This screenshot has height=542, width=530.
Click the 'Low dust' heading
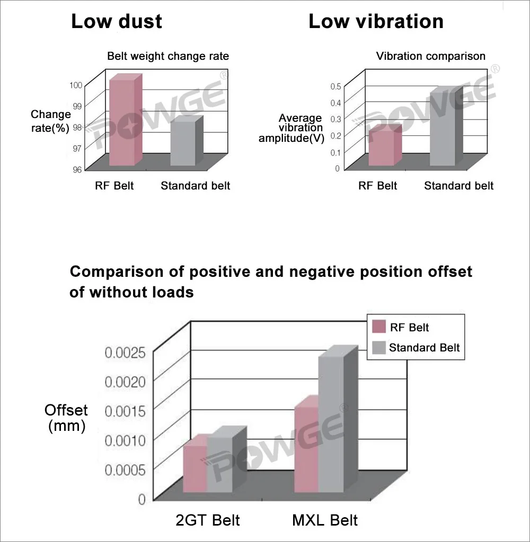point(117,22)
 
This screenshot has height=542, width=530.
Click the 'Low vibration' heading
point(376,22)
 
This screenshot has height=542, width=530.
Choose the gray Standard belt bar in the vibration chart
point(442,130)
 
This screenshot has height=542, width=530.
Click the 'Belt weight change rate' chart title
point(168,56)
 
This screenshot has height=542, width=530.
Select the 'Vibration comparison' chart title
point(430,56)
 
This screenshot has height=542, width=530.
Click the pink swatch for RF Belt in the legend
point(378,327)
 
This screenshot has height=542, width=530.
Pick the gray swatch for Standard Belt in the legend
point(378,348)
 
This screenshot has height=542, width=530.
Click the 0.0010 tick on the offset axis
point(126,440)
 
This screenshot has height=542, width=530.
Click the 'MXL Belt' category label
point(324,520)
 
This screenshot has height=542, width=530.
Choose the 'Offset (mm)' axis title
point(66,418)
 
